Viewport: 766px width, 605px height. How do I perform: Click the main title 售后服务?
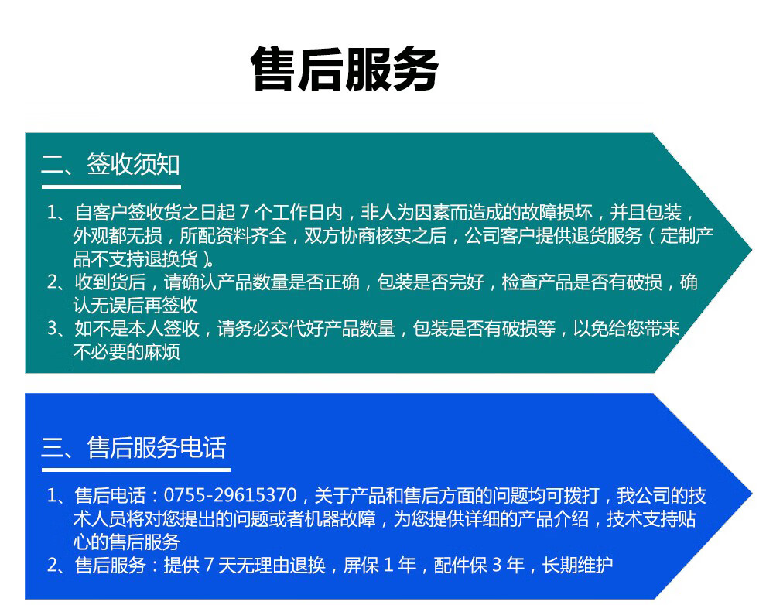coord(344,70)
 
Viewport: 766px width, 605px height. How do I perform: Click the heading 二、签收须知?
coord(111,164)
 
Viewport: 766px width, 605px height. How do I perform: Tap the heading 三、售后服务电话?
coord(133,447)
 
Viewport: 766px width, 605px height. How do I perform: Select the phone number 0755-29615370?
coord(230,495)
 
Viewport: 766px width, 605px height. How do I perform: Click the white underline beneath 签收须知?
coord(111,186)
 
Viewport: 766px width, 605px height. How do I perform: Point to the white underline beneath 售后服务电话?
coord(136,470)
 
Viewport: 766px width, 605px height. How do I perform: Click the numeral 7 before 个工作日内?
coord(245,213)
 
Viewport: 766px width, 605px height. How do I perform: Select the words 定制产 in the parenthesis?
coord(687,236)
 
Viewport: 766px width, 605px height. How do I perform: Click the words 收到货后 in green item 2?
coord(110,282)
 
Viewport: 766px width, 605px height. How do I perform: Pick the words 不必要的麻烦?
coord(127,351)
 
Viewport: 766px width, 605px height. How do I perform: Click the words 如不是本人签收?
coord(137,328)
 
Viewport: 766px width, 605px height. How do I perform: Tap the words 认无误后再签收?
coord(135,305)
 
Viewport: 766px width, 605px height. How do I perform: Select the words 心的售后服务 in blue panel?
coord(127,542)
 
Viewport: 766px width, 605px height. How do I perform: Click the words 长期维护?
coord(577,565)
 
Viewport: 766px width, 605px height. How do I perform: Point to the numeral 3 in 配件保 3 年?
coord(497,565)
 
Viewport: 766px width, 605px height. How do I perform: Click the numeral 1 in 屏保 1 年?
coord(388,565)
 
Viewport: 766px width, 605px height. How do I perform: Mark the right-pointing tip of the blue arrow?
coord(751,494)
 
